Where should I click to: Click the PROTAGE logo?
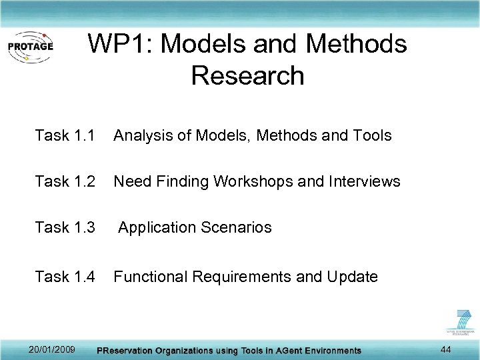[x=30, y=47]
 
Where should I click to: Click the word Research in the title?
[x=247, y=75]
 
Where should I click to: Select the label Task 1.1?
[x=65, y=136]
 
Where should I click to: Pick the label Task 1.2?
[x=65, y=181]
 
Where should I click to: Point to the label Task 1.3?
[x=65, y=227]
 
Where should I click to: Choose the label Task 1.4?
[x=65, y=277]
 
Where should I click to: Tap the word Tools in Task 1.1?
[x=371, y=136]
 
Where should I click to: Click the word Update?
[x=352, y=277]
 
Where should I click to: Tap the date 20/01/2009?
[x=52, y=349]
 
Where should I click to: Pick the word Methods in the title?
[x=356, y=45]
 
